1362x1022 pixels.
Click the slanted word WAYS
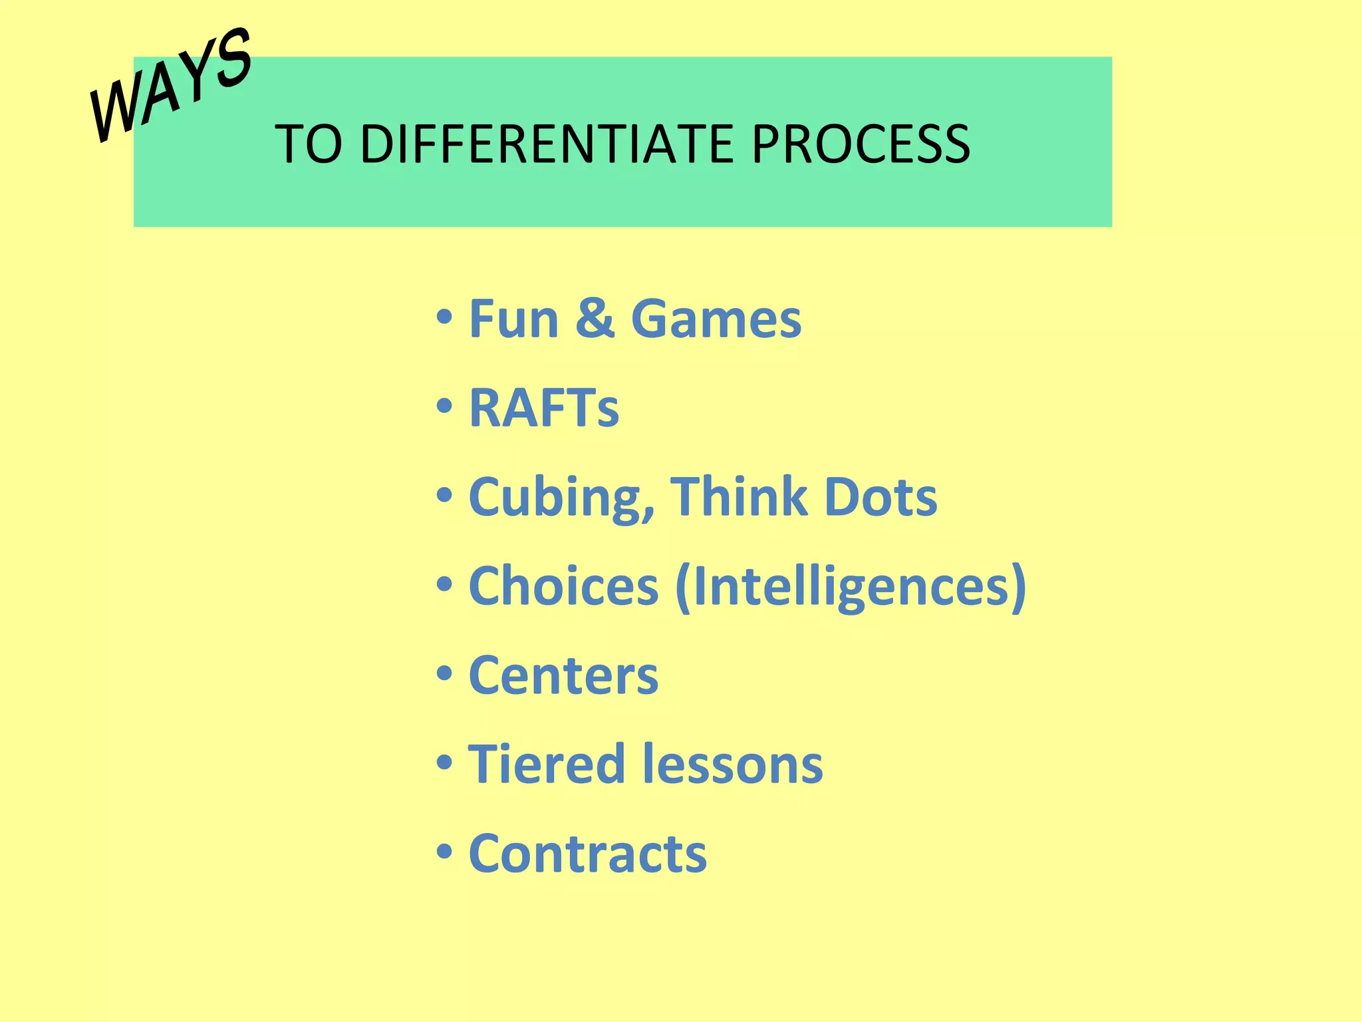coord(172,85)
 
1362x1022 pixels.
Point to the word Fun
coord(513,319)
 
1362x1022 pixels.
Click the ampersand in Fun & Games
coord(595,319)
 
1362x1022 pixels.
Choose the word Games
coord(716,319)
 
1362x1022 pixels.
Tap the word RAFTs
coord(544,408)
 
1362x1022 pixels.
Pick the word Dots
coord(881,497)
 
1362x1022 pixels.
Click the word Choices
coord(563,586)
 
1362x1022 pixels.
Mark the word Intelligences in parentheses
coord(851,588)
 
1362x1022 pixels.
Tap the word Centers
coord(563,676)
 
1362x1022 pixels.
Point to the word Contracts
coord(588,854)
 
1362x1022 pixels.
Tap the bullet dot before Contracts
coord(444,851)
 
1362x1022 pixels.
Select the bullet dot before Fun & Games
coord(444,317)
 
